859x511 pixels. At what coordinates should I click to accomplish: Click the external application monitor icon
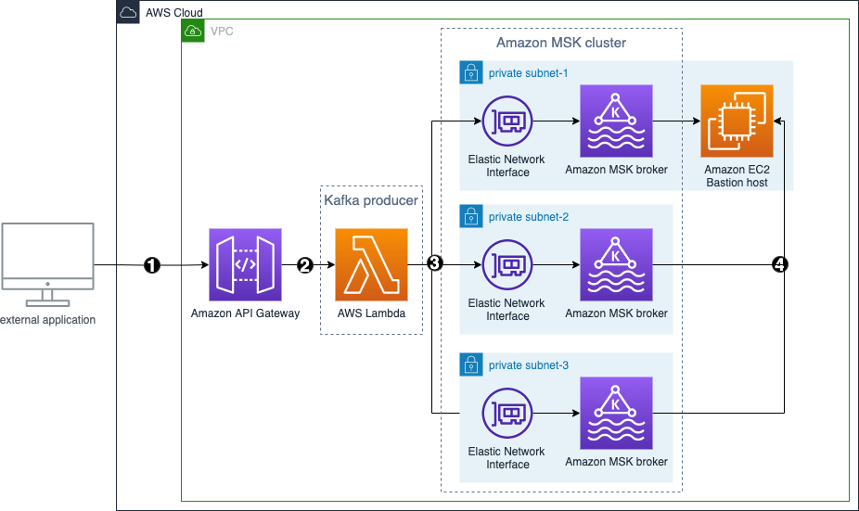click(x=47, y=263)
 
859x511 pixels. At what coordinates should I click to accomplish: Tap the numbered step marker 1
click(x=152, y=264)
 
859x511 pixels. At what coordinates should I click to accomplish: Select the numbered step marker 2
click(x=305, y=264)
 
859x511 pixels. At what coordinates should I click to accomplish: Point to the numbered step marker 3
click(x=434, y=263)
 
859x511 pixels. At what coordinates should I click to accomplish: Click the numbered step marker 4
click(x=780, y=264)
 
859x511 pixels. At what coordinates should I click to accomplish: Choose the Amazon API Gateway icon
click(x=245, y=264)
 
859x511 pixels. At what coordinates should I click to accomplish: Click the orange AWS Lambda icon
click(x=371, y=264)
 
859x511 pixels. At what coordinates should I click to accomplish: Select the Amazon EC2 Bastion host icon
click(x=737, y=121)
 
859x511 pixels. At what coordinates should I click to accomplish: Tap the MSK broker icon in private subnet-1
click(x=616, y=121)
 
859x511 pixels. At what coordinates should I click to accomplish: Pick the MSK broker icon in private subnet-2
click(x=616, y=264)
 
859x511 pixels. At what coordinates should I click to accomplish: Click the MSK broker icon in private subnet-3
click(x=616, y=413)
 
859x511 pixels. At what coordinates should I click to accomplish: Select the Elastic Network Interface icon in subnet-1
click(x=507, y=121)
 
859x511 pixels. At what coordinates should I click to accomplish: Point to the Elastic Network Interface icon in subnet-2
click(x=507, y=264)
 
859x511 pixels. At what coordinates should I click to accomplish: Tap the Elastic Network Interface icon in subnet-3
click(x=507, y=413)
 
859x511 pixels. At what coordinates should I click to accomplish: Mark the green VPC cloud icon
click(x=193, y=31)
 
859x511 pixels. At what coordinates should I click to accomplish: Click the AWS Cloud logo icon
click(x=128, y=12)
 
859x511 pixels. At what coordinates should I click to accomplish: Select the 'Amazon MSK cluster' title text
click(x=561, y=43)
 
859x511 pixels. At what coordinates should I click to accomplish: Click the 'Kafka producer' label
click(x=371, y=200)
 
